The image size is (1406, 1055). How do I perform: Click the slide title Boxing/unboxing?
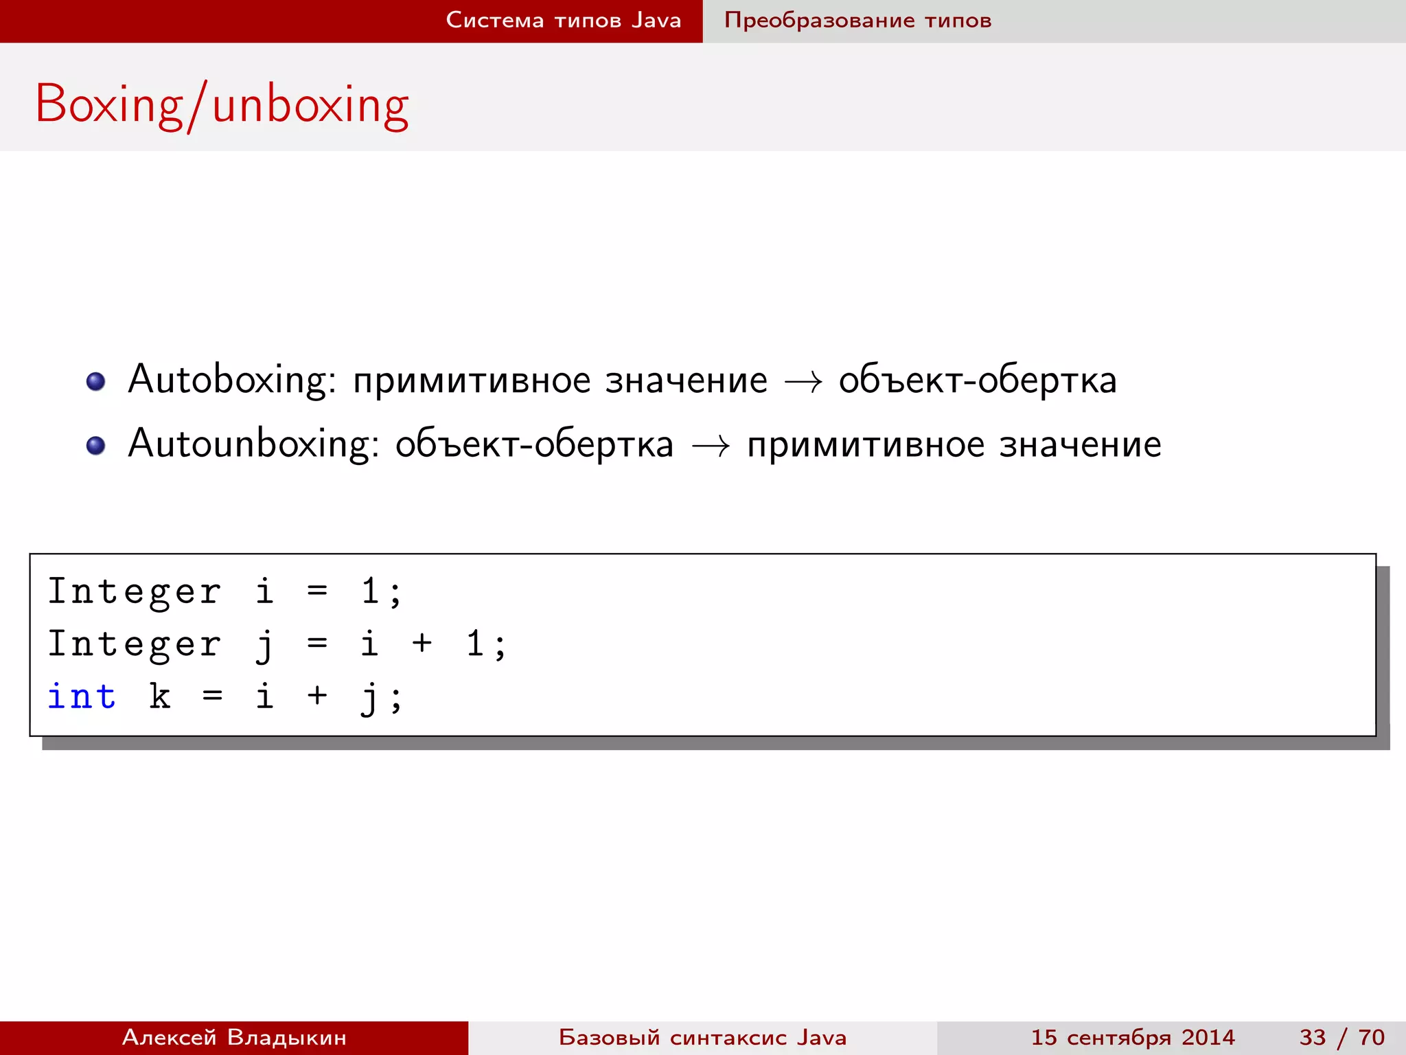pos(222,104)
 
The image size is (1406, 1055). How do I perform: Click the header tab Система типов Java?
pos(563,20)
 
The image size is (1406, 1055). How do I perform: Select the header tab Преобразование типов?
pos(857,20)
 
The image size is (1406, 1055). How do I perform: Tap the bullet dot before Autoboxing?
pos(96,381)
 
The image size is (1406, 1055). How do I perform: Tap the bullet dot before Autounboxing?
pos(96,446)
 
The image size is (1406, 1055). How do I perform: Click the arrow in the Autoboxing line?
pos(803,382)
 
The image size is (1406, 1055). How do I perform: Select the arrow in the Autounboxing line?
pos(710,446)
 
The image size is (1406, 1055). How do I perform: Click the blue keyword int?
pos(82,696)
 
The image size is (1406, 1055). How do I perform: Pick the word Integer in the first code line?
pos(134,591)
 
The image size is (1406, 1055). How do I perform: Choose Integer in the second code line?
pos(134,644)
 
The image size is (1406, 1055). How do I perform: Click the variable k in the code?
pos(160,696)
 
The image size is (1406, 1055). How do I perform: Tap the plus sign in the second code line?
pos(422,644)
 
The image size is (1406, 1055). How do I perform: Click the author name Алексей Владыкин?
pos(234,1037)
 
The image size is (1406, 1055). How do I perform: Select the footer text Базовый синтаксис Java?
pos(702,1037)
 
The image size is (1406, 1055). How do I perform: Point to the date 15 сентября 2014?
pos(1133,1037)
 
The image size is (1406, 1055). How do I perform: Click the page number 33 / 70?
pos(1341,1037)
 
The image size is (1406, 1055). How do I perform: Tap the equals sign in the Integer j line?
pos(317,644)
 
